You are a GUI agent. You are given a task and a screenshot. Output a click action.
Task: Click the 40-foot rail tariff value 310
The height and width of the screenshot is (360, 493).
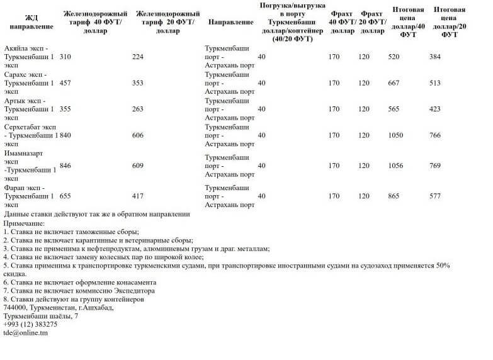(65, 57)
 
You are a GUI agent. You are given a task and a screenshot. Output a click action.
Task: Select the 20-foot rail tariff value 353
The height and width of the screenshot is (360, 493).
(138, 83)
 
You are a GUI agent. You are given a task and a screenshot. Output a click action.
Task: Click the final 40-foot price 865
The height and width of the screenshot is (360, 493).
(394, 196)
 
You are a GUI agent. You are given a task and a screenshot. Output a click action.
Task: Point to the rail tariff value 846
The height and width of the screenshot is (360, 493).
(65, 166)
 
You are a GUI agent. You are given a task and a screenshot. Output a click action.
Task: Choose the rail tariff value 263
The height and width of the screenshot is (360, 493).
(138, 109)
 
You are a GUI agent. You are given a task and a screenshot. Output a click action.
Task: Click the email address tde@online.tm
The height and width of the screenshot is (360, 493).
(26, 332)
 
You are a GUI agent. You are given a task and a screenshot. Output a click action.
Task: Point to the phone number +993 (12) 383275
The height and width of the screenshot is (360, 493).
(30, 324)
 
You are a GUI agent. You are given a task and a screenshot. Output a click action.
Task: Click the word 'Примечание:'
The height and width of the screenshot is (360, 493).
(24, 223)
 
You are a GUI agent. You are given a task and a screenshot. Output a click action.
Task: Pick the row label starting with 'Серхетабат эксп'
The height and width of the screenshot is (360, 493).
(30, 135)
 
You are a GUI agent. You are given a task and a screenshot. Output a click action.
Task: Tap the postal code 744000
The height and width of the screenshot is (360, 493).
(15, 307)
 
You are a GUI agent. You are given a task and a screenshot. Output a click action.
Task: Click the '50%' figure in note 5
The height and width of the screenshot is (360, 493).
(443, 266)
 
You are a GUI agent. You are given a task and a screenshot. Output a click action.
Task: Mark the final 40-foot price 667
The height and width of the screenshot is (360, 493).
(394, 83)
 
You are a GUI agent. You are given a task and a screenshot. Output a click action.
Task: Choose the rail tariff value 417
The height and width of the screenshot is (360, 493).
(138, 196)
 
